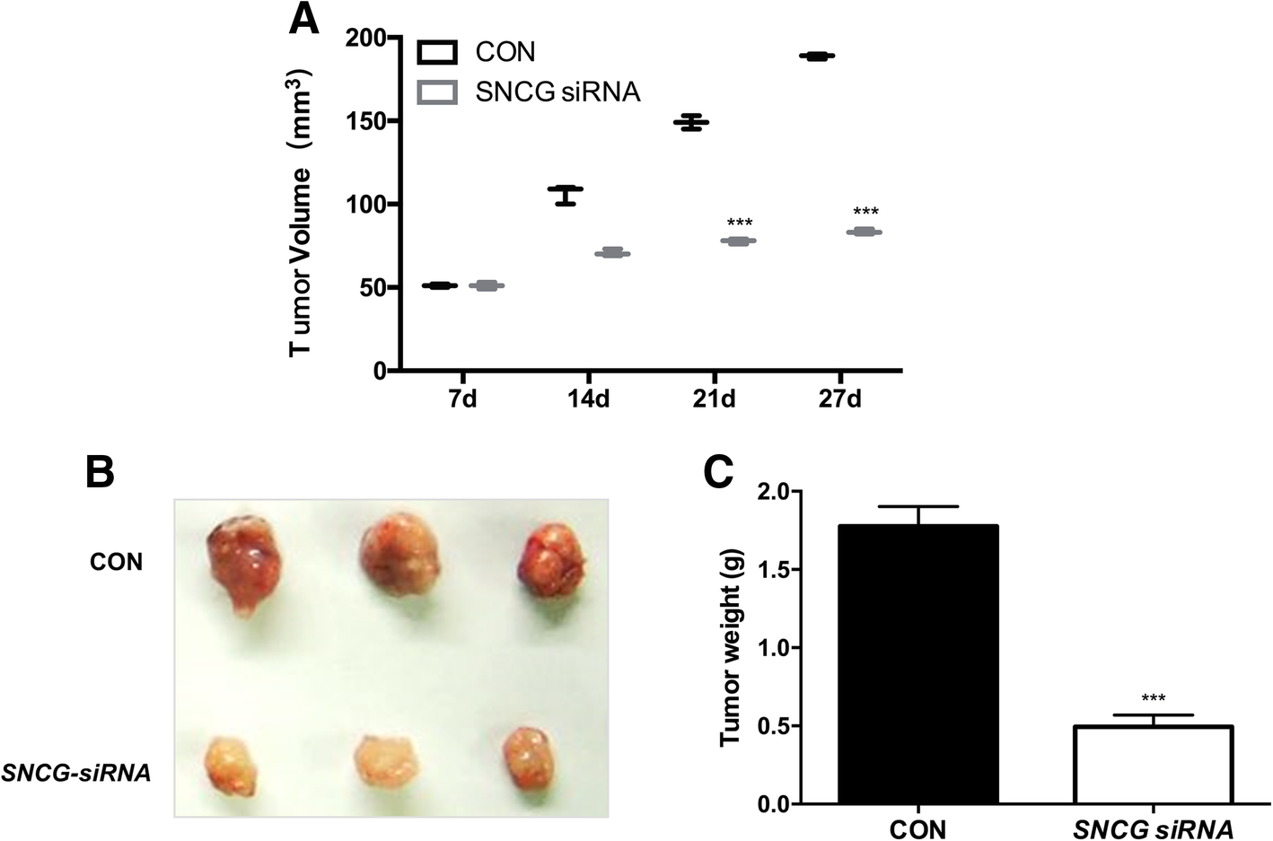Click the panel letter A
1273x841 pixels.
[x=303, y=20]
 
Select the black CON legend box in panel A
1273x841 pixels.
[x=437, y=52]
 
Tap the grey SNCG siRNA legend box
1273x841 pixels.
[x=437, y=92]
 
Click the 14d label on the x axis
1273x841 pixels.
[x=588, y=399]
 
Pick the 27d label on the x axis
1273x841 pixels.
[x=839, y=399]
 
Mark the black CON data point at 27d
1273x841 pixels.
[x=816, y=57]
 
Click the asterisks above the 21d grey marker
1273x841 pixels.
[x=740, y=223]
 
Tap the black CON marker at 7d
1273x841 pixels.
[x=440, y=285]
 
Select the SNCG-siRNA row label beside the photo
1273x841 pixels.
[x=75, y=772]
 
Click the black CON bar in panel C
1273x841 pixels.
[x=917, y=664]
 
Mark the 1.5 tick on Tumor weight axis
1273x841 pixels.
[x=774, y=570]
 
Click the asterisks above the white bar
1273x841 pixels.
[x=1153, y=698]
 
